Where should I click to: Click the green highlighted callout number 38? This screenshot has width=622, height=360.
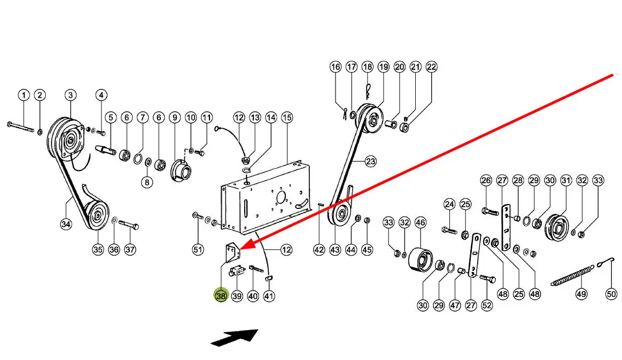[x=221, y=295]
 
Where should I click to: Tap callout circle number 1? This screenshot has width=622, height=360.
[x=24, y=96]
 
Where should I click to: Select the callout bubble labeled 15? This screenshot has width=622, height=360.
[x=287, y=118]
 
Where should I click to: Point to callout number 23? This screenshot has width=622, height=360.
[x=370, y=161]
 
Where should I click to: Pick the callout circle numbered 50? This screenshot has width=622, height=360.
[x=611, y=294]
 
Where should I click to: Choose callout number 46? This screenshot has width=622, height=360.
[x=420, y=223]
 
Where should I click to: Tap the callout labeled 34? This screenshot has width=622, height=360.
[x=66, y=224]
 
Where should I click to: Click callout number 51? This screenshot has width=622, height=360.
[x=198, y=249]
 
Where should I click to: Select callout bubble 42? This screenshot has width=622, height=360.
[x=319, y=249]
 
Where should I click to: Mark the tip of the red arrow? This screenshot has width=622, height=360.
[x=243, y=248]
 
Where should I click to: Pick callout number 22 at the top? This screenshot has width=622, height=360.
[x=431, y=67]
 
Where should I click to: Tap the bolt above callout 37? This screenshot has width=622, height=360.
[x=128, y=224]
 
